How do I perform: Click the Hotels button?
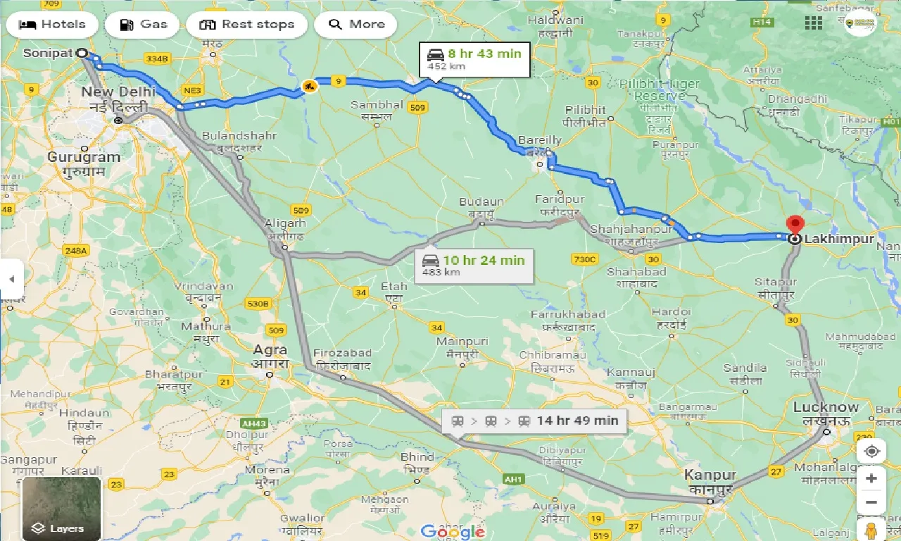click(51, 25)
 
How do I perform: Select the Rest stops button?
click(246, 25)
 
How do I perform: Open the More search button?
click(355, 25)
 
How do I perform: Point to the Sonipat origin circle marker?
click(82, 53)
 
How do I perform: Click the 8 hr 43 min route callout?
click(474, 60)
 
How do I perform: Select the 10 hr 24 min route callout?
click(473, 266)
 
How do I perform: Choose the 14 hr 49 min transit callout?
click(534, 421)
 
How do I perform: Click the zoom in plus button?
click(871, 478)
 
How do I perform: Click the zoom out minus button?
click(871, 502)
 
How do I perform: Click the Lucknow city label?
click(826, 407)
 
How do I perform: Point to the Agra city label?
click(270, 350)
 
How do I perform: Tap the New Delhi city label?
click(118, 92)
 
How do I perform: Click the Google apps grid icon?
click(813, 23)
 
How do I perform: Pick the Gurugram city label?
click(84, 156)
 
